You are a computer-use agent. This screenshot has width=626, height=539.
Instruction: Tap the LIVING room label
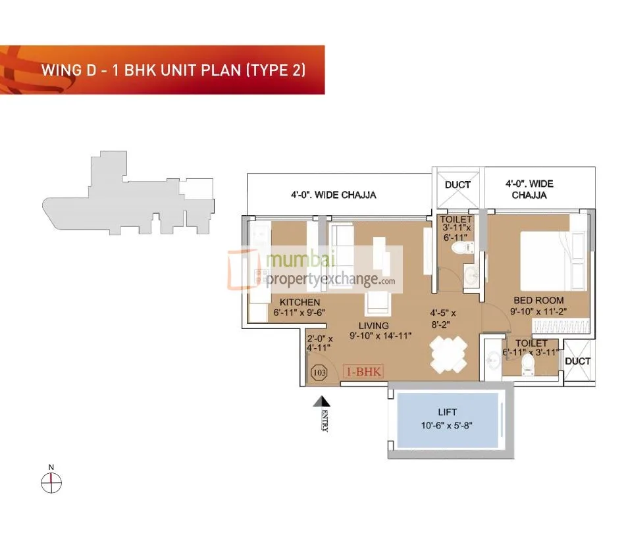[373, 326]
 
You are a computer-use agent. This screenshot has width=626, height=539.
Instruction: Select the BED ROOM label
[538, 301]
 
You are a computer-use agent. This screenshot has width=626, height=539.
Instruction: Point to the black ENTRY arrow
[321, 401]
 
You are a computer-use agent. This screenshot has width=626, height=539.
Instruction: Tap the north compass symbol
[51, 483]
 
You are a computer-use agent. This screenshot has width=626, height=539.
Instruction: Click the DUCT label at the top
[457, 185]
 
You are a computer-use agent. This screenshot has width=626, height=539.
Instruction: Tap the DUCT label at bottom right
[577, 361]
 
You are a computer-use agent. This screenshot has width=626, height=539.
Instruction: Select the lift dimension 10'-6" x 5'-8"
[447, 425]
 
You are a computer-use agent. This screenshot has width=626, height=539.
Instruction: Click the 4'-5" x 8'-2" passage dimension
[443, 319]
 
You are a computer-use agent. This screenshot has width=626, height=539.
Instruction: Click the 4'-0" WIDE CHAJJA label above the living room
[334, 195]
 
